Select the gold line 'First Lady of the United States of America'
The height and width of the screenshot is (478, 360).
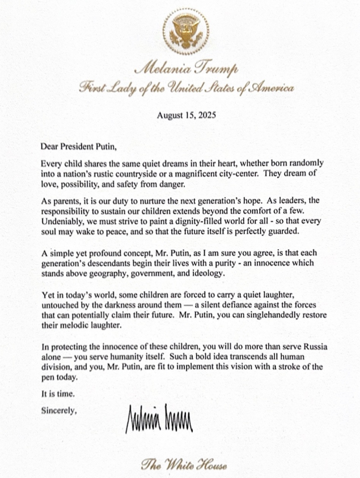pos(187,88)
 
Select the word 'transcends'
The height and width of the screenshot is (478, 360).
pos(245,357)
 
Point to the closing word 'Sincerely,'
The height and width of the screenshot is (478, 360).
pos(58,409)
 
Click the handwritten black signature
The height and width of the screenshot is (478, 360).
pos(160,417)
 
